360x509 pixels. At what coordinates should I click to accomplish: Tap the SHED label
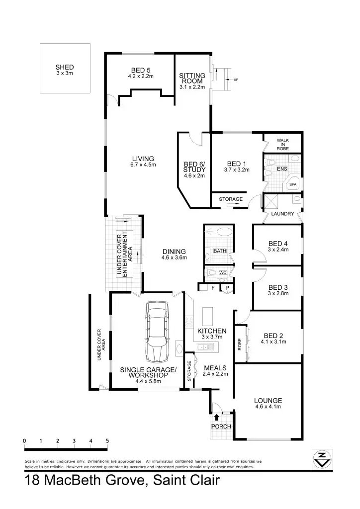pyautogui.click(x=65, y=67)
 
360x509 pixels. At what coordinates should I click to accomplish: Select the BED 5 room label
pyautogui.click(x=141, y=70)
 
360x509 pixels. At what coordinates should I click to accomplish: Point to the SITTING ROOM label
pyautogui.click(x=192, y=79)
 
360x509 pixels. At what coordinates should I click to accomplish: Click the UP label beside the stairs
pyautogui.click(x=236, y=79)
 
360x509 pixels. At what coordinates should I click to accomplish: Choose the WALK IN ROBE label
pyautogui.click(x=282, y=144)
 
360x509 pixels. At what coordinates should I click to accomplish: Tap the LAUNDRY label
pyautogui.click(x=282, y=214)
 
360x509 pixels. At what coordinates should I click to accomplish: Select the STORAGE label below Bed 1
pyautogui.click(x=231, y=199)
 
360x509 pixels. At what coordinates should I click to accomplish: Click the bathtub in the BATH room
pyautogui.click(x=219, y=232)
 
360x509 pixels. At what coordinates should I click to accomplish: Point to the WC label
pyautogui.click(x=223, y=272)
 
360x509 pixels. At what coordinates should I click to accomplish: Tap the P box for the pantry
pyautogui.click(x=227, y=287)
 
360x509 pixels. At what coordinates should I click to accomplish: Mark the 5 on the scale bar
pyautogui.click(x=107, y=441)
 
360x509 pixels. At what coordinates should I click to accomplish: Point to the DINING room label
pyautogui.click(x=174, y=252)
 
